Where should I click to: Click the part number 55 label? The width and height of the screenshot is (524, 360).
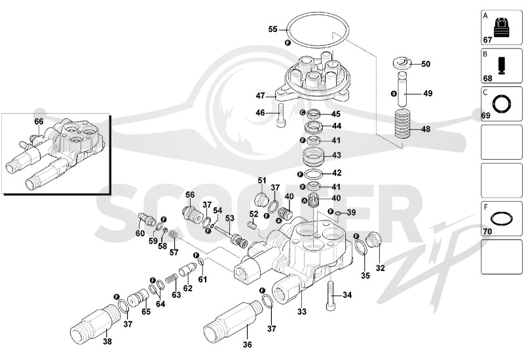[x=272, y=29]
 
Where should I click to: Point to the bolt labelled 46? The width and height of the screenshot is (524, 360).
[x=281, y=115]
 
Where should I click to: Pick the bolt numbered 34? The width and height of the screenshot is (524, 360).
[x=330, y=296]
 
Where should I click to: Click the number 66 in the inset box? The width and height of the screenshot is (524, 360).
[x=39, y=121]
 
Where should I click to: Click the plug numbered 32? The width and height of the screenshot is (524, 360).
[x=373, y=240]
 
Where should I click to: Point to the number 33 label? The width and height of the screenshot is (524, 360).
[x=302, y=312]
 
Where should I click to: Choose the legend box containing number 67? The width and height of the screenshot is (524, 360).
[x=501, y=27]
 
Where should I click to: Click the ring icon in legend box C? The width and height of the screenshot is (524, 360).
[x=501, y=104]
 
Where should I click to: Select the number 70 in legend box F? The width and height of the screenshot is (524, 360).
[x=487, y=231]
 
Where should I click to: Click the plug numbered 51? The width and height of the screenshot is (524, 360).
[x=261, y=200]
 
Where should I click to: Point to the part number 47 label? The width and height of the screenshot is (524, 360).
[x=260, y=96]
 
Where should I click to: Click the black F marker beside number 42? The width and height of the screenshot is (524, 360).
[x=300, y=174]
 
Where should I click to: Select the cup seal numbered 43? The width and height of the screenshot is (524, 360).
[x=314, y=156]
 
